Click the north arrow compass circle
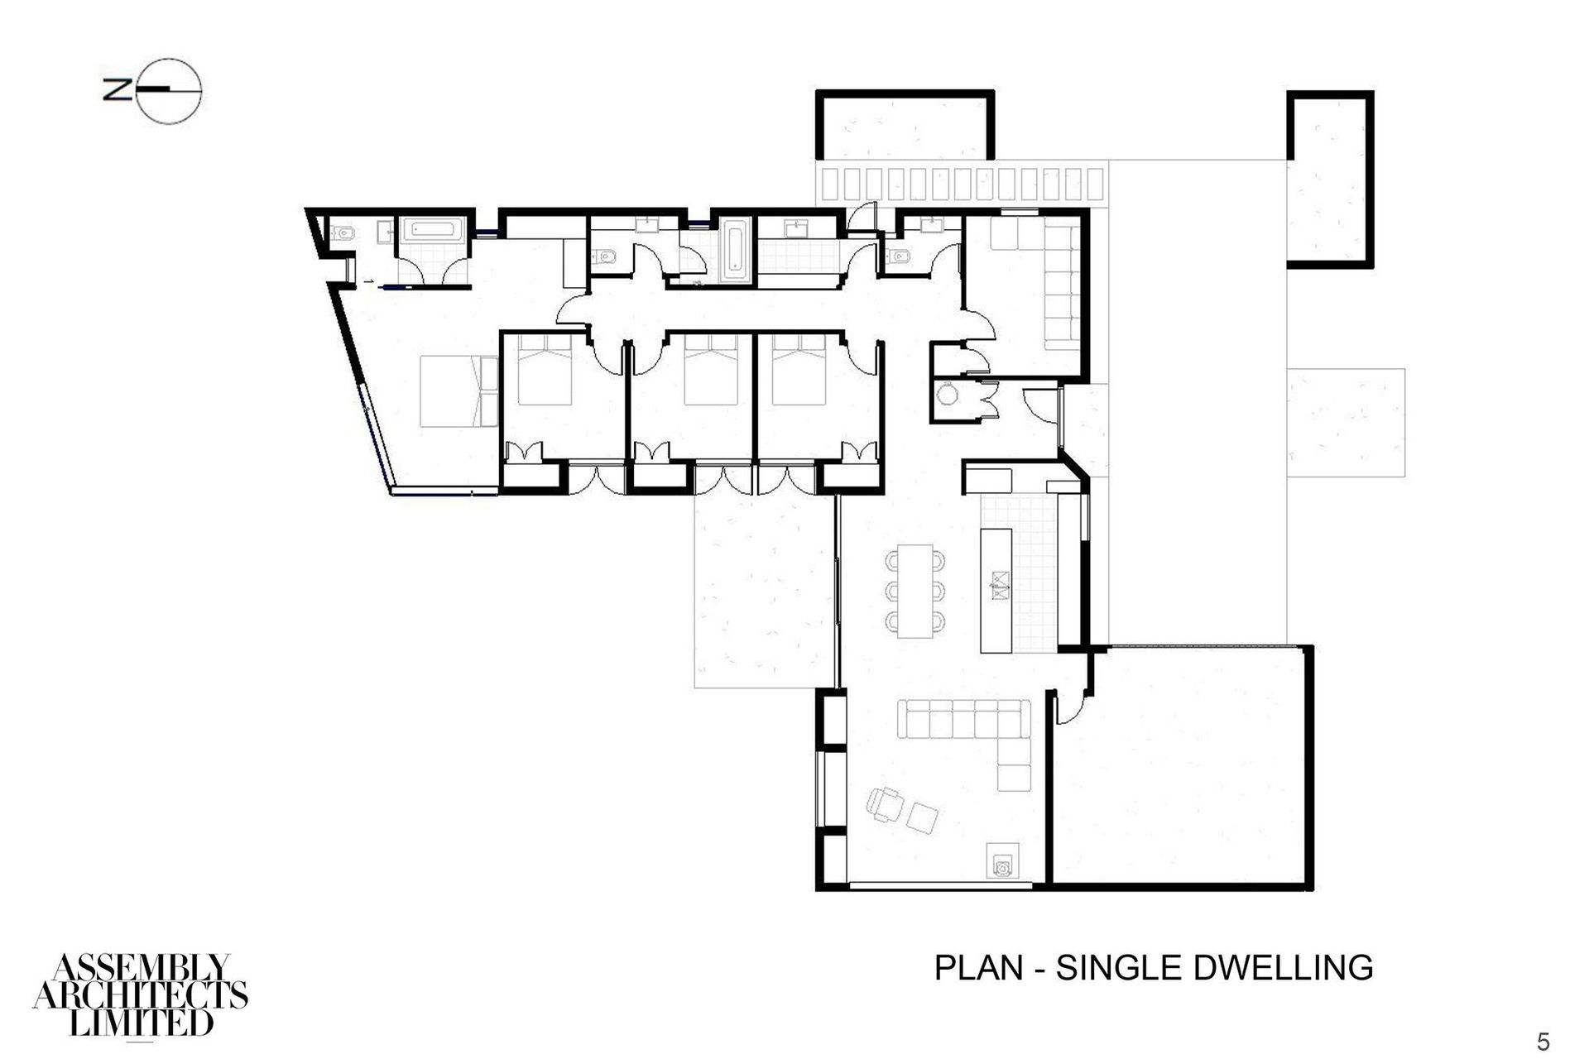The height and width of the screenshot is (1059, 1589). pos(170,92)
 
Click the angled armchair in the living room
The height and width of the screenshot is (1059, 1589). pos(884,803)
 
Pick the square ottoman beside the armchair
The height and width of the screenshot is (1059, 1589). pos(922,817)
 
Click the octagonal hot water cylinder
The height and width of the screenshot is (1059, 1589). pos(946,395)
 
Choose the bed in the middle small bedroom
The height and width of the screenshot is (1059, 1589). pos(711,371)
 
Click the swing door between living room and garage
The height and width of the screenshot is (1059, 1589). pos(1073,707)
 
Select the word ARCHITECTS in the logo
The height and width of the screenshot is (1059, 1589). pos(141,995)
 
